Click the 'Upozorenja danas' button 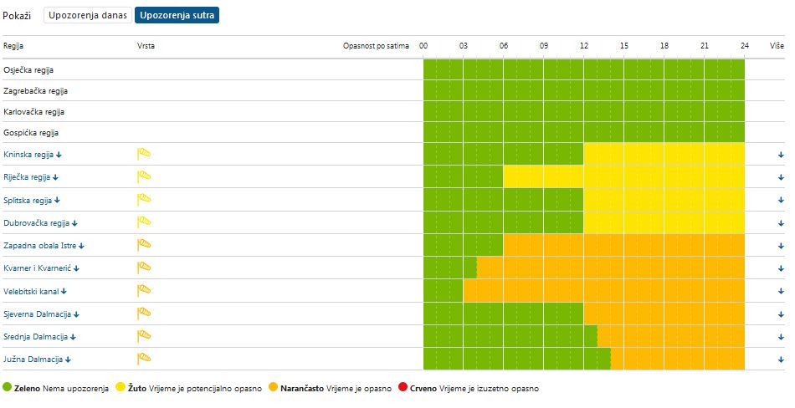88,16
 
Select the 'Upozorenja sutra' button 177,16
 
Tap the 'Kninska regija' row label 28,155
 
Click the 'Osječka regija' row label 28,70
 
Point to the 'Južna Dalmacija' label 33,360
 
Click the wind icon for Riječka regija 144,176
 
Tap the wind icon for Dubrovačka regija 144,222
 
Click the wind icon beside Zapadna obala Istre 144,244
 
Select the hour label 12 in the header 583,46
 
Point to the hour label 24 744,46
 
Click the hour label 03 463,46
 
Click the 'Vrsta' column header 146,46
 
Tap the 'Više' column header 777,46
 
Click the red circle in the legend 403,388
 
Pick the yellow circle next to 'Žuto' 121,388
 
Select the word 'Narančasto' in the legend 302,389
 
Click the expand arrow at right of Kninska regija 780,155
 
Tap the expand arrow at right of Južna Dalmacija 780,360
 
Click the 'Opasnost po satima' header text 376,46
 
